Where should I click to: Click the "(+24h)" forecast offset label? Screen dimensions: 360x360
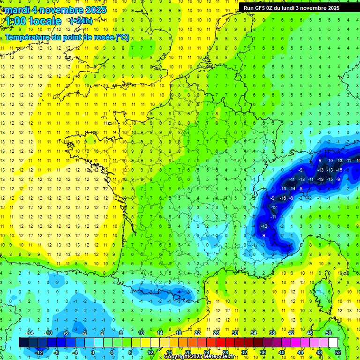coord(81,21)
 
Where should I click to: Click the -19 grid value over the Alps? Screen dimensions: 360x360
coord(320,179)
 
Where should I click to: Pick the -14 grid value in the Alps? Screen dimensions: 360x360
coord(292,188)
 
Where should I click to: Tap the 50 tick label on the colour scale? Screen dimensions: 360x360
coord(328,333)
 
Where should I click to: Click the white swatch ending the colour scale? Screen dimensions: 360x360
coord(333,342)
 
